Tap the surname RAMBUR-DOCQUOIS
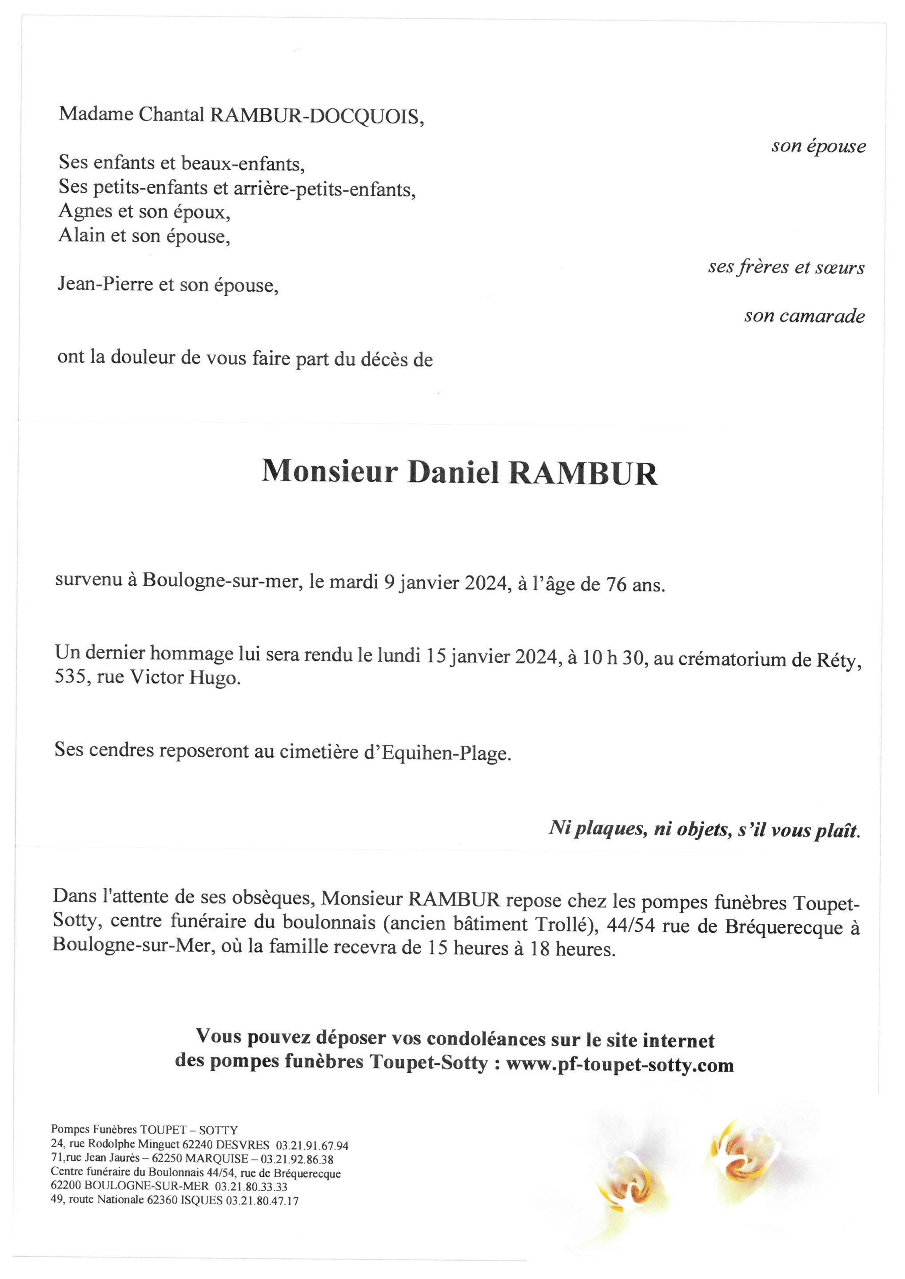point(316,116)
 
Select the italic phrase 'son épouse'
point(818,147)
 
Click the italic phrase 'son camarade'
point(804,316)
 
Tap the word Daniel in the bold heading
point(453,473)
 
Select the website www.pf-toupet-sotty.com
point(620,1065)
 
